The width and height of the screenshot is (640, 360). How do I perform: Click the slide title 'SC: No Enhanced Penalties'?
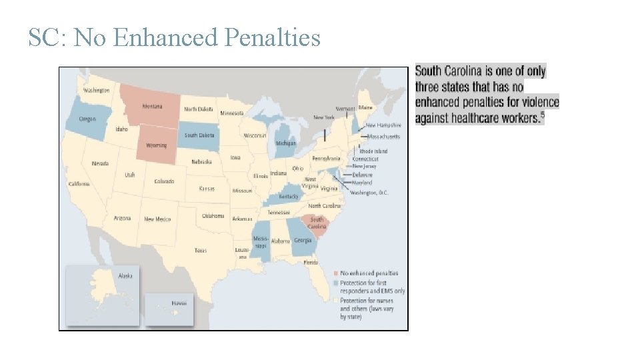174,37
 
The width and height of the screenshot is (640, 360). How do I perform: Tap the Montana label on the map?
152,107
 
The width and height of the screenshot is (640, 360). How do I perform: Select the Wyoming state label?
157,145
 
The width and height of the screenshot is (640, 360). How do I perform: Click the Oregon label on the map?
87,119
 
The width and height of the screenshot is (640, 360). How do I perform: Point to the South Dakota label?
199,135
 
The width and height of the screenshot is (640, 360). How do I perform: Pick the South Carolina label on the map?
317,223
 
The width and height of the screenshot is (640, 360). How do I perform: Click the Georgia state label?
303,240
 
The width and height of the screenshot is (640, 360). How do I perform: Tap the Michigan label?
286,143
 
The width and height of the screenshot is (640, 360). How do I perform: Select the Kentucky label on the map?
289,197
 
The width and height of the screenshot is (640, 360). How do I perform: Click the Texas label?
200,251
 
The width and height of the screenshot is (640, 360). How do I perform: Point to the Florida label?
311,263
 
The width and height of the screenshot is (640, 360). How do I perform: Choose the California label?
78,184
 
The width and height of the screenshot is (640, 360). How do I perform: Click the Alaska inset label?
125,275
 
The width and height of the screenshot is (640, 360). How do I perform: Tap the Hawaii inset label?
179,303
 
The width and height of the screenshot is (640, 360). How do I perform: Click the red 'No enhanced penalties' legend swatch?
336,273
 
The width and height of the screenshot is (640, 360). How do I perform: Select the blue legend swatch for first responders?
336,283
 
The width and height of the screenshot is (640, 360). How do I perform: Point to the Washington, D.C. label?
369,193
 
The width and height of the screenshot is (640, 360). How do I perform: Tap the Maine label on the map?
365,107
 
